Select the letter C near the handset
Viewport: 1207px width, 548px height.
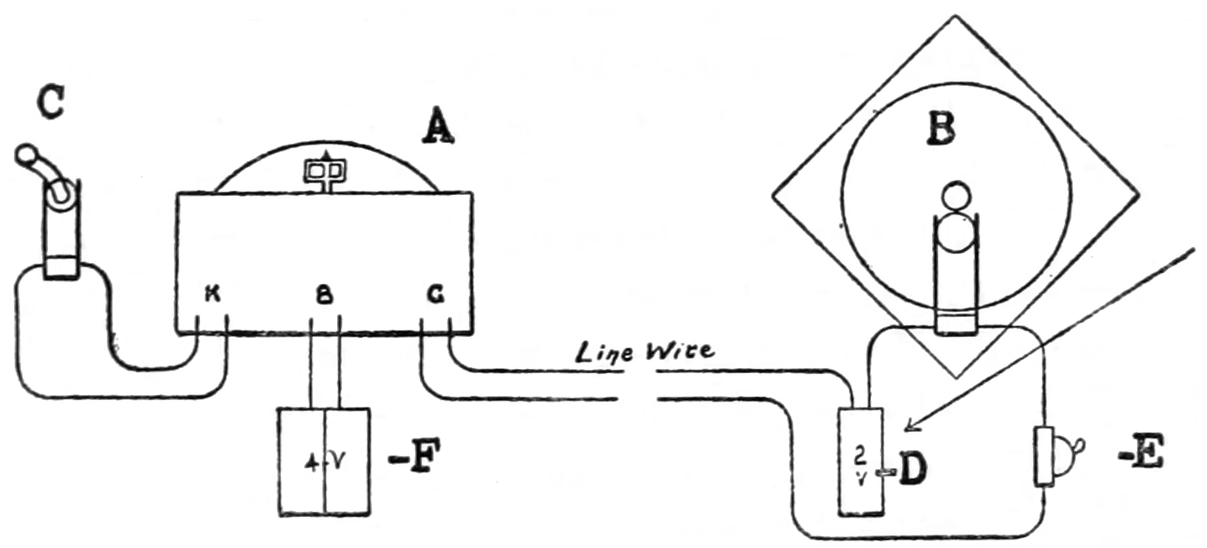tap(50, 104)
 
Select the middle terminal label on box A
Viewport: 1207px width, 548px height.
tap(323, 295)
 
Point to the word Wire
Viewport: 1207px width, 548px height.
tap(678, 350)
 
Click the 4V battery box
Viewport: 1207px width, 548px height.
tap(324, 461)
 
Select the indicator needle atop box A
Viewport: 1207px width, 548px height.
tap(326, 171)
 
